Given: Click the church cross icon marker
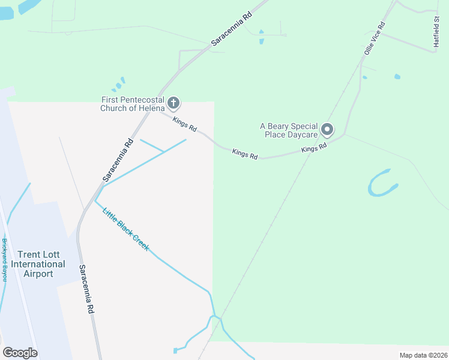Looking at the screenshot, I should pos(173,103).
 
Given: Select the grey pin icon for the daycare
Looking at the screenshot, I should pos(327,130).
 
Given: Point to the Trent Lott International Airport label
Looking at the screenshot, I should pos(38,264).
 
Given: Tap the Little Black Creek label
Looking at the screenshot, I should pos(125,229).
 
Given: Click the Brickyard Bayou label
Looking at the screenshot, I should pos(4,259).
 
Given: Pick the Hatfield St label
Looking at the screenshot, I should pos(437,31).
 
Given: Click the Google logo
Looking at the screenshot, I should pos(20,353).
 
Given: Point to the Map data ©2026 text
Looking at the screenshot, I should pos(423,355).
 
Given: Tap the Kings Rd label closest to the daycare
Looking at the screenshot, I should pos(314,148).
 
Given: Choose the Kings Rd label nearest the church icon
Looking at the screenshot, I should pos(184,124).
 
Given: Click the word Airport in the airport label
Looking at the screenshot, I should pos(38,274).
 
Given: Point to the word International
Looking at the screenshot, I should pos(38,264).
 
